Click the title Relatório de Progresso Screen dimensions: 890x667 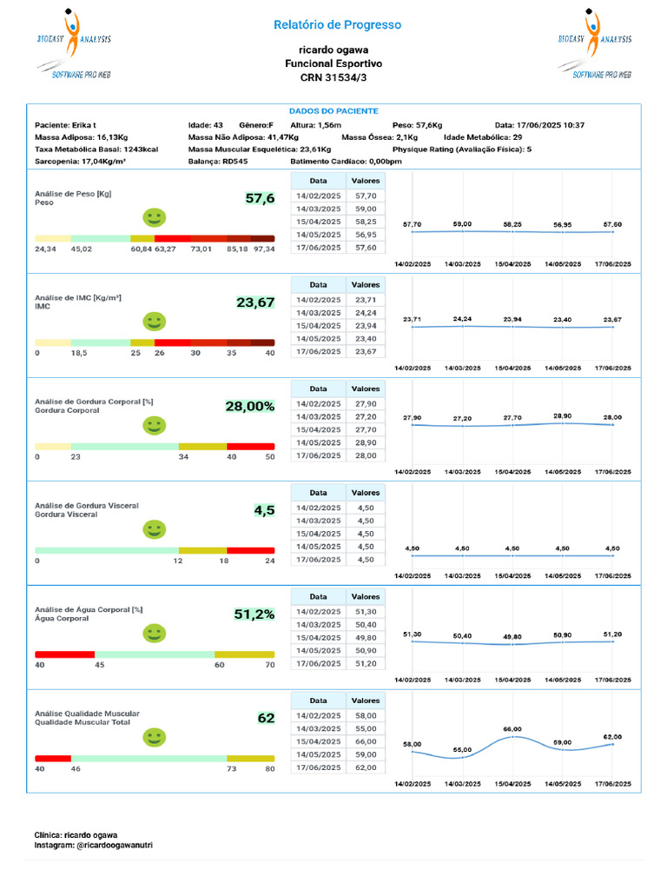(x=337, y=25)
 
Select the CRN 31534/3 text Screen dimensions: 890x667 (x=333, y=78)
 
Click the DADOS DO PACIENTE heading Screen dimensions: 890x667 (x=333, y=111)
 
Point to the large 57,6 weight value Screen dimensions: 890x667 (x=260, y=199)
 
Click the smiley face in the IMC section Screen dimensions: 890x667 (x=154, y=322)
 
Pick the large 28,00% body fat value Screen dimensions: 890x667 (x=250, y=406)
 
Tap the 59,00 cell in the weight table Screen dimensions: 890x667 (x=365, y=209)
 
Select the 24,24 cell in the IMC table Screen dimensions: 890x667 (x=365, y=313)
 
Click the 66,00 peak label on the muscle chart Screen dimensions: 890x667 (x=512, y=728)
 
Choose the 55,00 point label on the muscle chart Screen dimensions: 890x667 (x=462, y=749)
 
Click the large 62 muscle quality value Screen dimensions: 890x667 (x=266, y=718)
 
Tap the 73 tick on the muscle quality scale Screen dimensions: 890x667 (x=232, y=769)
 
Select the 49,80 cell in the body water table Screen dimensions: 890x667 (x=365, y=638)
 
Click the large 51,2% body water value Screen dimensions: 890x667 (x=254, y=614)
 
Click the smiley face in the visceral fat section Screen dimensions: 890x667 (x=154, y=528)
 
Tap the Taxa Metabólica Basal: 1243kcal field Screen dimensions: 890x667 (x=96, y=149)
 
